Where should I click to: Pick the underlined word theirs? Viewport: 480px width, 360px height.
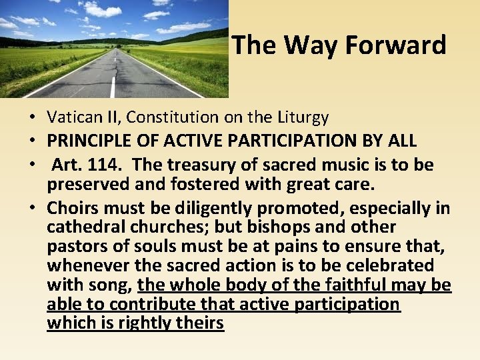coord(201,324)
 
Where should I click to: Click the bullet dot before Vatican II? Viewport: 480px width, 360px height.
coord(32,119)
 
